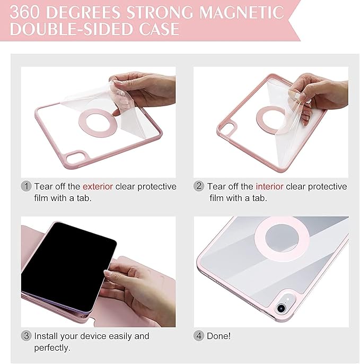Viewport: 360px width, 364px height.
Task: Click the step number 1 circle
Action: [x=27, y=187]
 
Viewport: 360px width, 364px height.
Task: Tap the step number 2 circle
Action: [x=199, y=187]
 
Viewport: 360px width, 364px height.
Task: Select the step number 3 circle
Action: [x=27, y=336]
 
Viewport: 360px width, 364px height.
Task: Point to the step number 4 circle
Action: [x=199, y=336]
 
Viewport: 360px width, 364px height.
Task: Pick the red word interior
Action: [x=270, y=187]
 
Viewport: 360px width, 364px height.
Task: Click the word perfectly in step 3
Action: [x=52, y=348]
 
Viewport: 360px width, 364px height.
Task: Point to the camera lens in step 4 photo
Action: [x=280, y=308]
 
